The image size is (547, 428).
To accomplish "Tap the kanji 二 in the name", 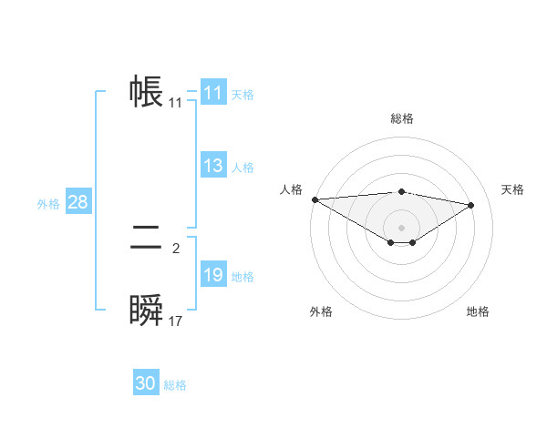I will (x=147, y=239).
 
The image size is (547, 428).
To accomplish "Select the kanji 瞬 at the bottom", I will (x=147, y=311).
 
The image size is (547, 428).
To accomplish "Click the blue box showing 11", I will (x=213, y=93).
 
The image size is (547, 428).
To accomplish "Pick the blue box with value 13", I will (x=213, y=166).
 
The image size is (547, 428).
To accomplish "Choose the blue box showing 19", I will (x=213, y=276).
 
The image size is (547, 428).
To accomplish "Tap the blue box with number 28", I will (x=77, y=202).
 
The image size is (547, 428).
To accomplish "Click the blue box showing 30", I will (x=146, y=383).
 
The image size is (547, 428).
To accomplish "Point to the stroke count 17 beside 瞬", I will (x=176, y=321).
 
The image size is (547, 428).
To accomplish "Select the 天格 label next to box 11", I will (x=243, y=94).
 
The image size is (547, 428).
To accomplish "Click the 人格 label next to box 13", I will (x=243, y=168).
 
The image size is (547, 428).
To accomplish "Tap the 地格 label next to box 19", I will (x=243, y=277).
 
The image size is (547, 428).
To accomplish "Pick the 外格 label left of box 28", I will (x=48, y=204).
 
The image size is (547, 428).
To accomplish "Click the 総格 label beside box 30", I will (x=175, y=385).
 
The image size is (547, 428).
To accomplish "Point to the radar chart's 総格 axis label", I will (x=401, y=118).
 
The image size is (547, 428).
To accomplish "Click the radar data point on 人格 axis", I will (x=315, y=199).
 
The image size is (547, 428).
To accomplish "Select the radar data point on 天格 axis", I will (x=471, y=205).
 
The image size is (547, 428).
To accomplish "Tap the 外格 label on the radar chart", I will (x=321, y=311).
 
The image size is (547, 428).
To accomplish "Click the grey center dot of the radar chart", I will (x=401, y=227).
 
